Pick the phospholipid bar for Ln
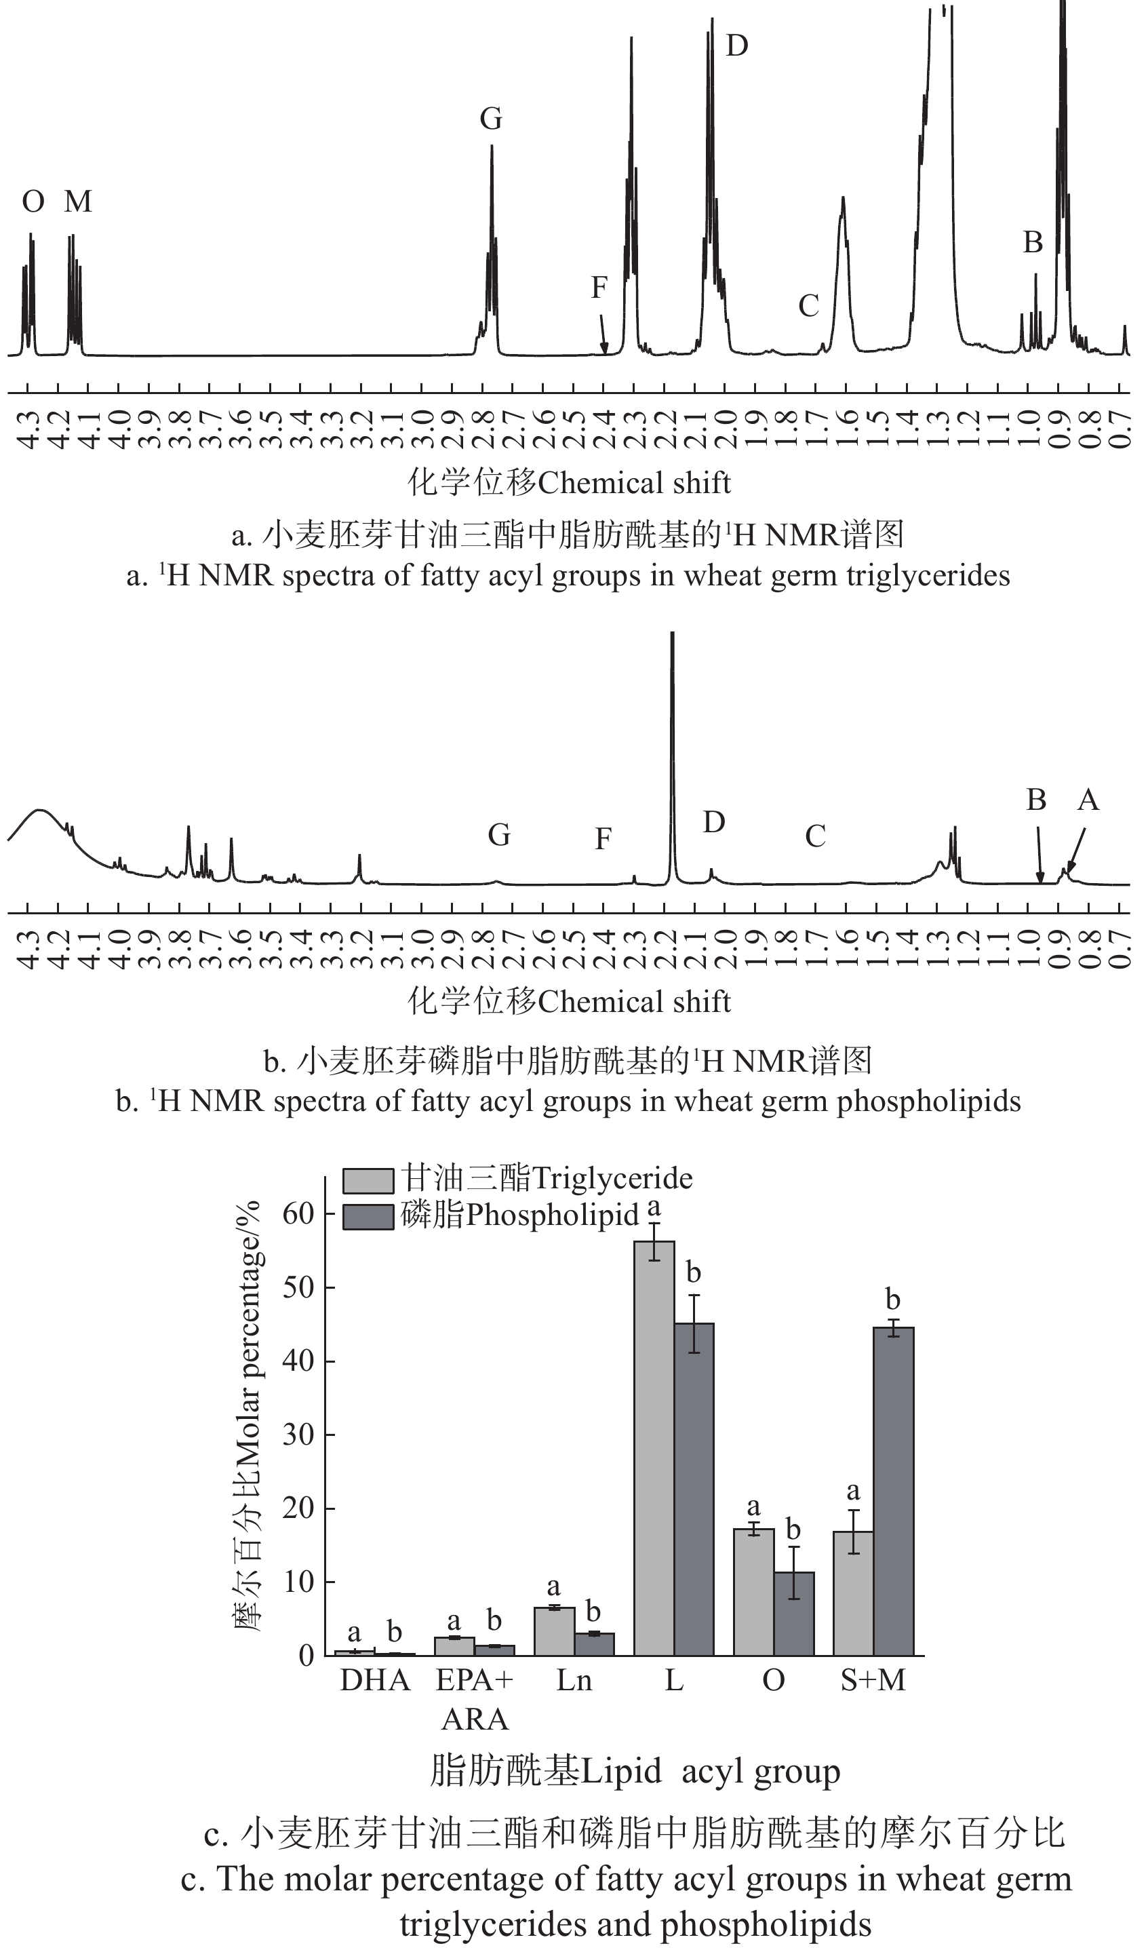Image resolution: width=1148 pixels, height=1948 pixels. pyautogui.click(x=594, y=1643)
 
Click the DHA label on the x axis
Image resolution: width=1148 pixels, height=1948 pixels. pyautogui.click(x=375, y=1680)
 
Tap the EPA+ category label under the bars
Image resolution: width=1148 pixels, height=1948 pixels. pyautogui.click(x=474, y=1680)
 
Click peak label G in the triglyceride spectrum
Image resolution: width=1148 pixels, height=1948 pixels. pyautogui.click(x=491, y=119)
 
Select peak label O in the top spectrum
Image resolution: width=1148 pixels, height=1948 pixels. pyautogui.click(x=33, y=202)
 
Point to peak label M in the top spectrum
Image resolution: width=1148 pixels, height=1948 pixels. pyautogui.click(x=78, y=202)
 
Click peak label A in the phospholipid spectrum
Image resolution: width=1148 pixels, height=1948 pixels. pyautogui.click(x=1088, y=800)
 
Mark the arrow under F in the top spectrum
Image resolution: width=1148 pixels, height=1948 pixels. pyautogui.click(x=603, y=336)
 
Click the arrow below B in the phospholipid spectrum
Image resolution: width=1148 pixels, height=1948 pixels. pyautogui.click(x=1039, y=855)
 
